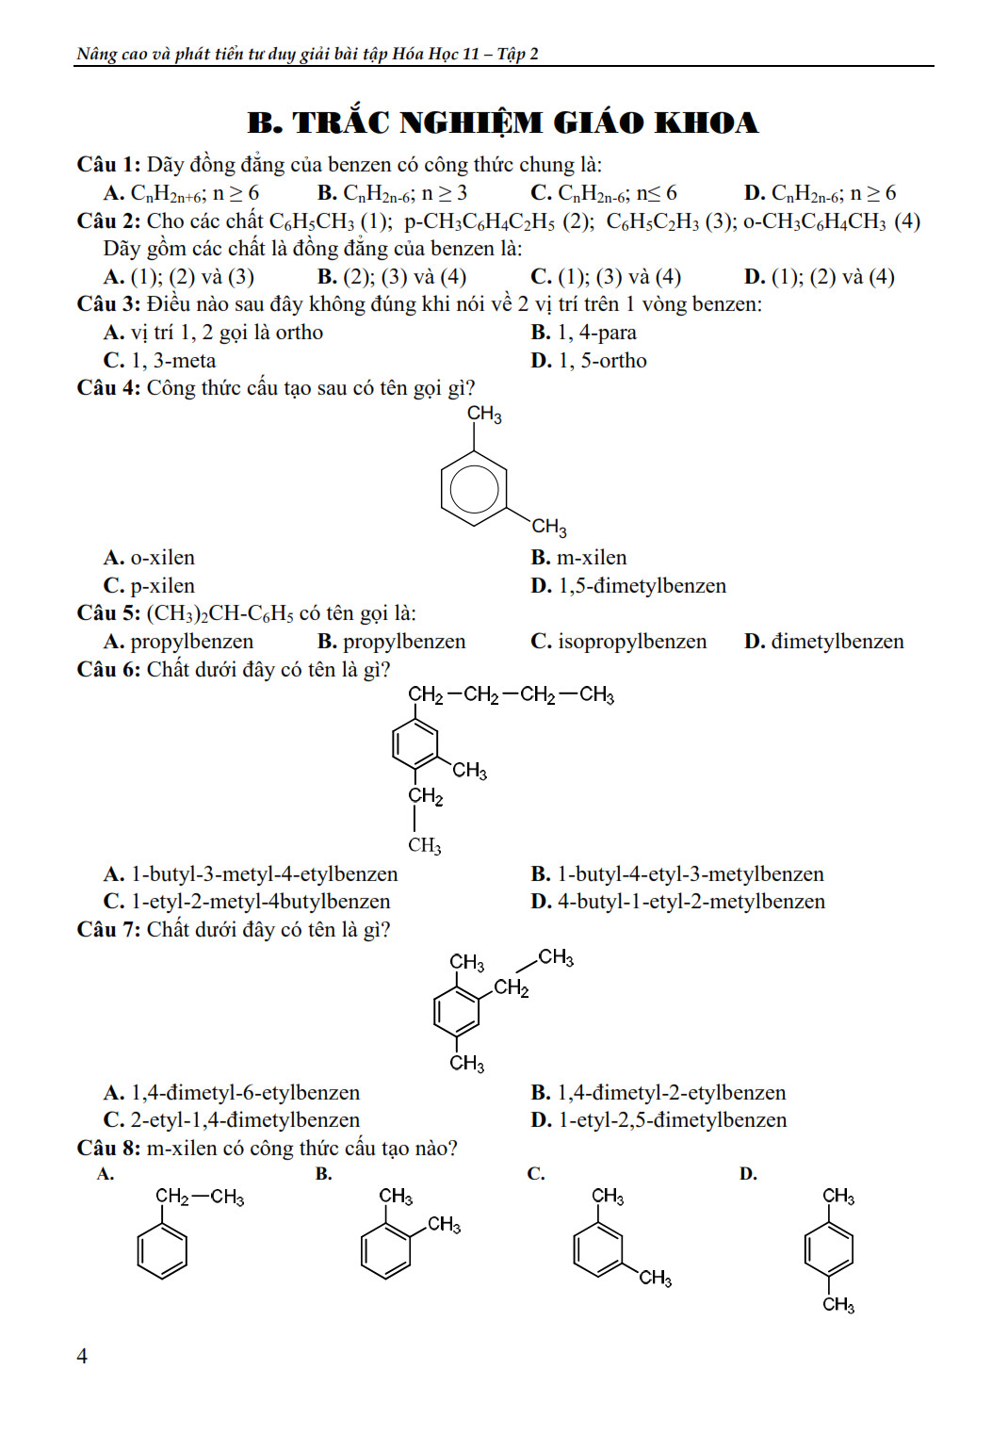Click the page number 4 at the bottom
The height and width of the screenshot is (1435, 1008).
82,1356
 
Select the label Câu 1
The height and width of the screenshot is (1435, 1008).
107,165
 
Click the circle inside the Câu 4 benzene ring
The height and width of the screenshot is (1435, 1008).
474,488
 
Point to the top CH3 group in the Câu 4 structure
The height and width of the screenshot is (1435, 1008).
484,415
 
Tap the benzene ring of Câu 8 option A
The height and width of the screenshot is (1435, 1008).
162,1250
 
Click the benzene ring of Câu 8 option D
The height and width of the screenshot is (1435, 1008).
829,1250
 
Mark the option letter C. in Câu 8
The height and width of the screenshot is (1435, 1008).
536,1174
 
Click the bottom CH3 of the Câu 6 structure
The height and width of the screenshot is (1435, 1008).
425,845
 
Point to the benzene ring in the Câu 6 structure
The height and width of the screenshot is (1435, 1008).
415,744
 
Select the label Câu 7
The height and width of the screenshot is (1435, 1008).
107,930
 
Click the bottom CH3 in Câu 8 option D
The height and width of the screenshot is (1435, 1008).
838,1305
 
